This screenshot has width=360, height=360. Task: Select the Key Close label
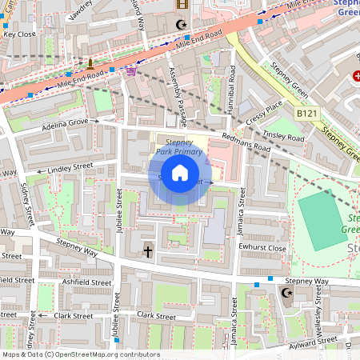[x=19, y=34]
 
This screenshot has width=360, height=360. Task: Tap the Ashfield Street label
[x=88, y=282]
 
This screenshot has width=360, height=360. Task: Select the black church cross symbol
[x=148, y=251]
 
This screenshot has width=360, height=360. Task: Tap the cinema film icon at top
[x=181, y=4]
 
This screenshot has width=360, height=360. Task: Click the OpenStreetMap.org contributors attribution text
[x=105, y=354]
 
